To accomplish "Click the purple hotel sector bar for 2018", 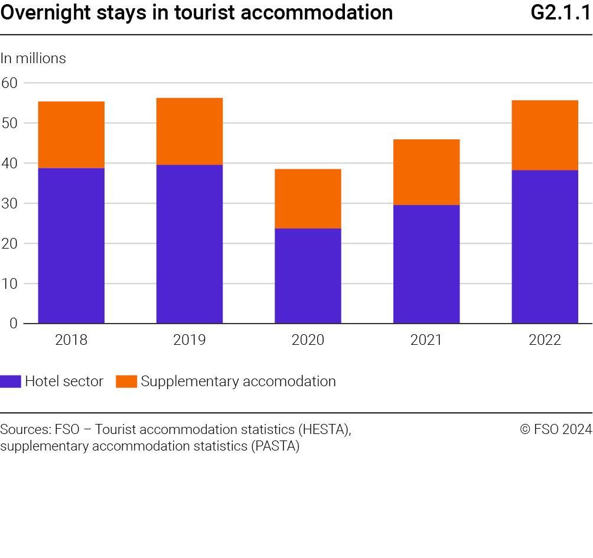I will point(71,246).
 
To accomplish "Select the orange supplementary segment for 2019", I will point(190,131).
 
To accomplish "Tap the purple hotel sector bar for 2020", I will point(308,276).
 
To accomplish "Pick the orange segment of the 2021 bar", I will point(426,172).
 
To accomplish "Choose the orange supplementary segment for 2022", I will point(545,135).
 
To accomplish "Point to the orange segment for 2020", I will point(308,198).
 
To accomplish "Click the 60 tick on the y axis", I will point(9,83).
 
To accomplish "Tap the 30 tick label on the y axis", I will point(9,203).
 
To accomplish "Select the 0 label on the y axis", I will point(13,324).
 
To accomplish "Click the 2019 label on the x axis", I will point(190,340).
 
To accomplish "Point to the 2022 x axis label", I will point(545,340).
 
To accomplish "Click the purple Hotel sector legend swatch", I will point(11,381).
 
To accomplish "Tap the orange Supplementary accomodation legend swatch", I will point(126,381).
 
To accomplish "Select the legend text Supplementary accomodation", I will point(238,381).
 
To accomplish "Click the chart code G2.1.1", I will point(561,13).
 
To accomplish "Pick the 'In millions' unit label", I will point(33,58).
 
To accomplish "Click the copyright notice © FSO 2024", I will point(556,430).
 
